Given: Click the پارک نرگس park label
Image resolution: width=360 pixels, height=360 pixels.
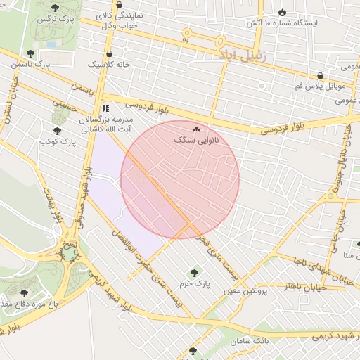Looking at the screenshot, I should [55, 17].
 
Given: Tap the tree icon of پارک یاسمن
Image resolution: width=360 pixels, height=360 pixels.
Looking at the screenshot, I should [30, 53].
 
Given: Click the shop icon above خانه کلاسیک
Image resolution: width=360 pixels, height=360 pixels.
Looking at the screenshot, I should [109, 53].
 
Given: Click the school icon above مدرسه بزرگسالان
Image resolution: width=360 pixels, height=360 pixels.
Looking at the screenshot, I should [105, 108].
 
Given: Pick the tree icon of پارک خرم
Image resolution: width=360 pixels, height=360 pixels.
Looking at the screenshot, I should [194, 273].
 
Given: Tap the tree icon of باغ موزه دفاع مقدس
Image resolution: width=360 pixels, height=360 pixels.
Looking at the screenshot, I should [25, 292].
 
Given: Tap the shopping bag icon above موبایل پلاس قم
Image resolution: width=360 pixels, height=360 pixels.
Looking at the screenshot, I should [320, 75].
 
